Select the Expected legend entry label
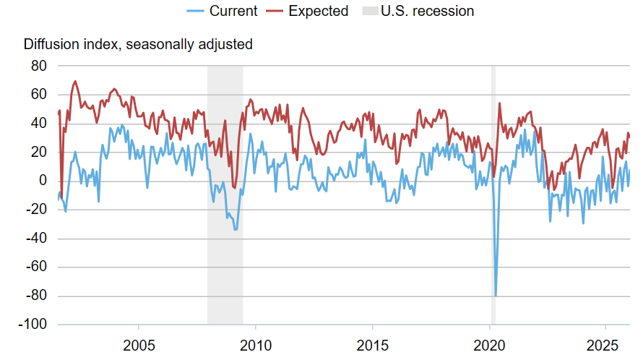pos(317,11)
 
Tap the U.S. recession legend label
pos(428,11)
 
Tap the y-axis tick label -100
pos(32,325)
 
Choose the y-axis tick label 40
pos(38,124)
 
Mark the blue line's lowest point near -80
pos(496,295)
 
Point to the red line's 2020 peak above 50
pos(500,103)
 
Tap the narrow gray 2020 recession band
pos(493,217)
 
